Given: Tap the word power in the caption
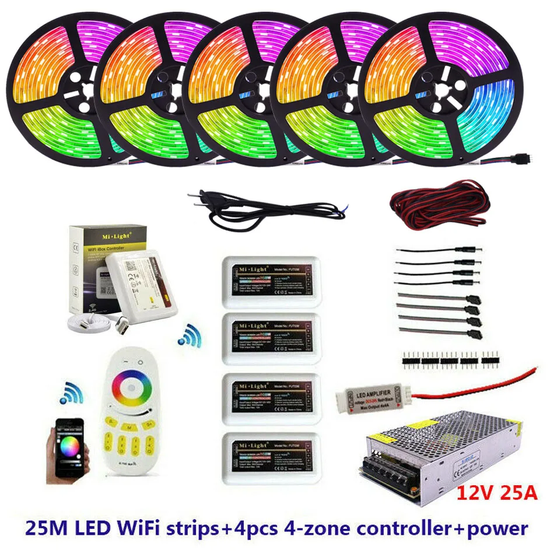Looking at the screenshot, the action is (x=498, y=529).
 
